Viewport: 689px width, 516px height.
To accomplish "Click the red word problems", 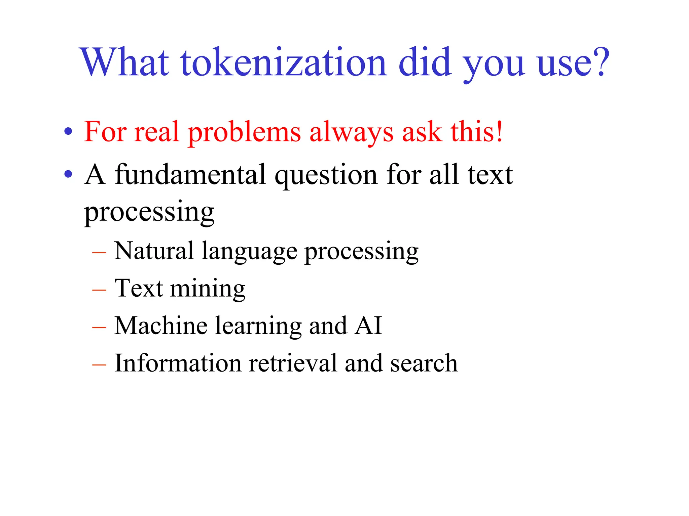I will [244, 133].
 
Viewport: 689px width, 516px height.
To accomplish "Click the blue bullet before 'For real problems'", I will [68, 131].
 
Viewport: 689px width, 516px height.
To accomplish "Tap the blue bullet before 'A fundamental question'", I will [68, 174].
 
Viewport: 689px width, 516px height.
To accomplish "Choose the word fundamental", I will [190, 175].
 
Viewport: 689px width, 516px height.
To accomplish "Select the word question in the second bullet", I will [326, 176].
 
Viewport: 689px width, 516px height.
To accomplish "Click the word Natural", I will [154, 251].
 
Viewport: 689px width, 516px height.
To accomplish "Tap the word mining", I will [208, 290].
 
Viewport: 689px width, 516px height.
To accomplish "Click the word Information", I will [178, 363].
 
